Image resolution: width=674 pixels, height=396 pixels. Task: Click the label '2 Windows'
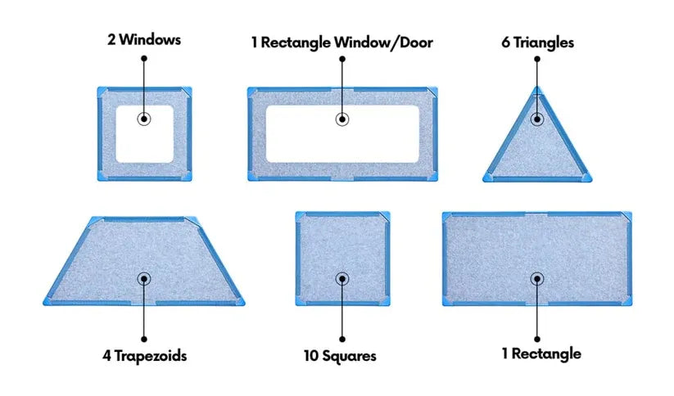pos(144,39)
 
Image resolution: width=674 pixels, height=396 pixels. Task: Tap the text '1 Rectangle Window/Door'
pos(342,43)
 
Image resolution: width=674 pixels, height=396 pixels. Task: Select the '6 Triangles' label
pos(537,43)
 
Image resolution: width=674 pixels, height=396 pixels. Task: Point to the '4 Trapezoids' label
pos(144,356)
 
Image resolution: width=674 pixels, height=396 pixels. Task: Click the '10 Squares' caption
pos(340,356)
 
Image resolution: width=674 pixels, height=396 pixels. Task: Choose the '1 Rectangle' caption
pos(541,353)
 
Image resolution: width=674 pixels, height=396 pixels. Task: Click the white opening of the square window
pos(144,134)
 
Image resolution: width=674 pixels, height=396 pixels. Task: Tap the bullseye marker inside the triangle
pos(537,119)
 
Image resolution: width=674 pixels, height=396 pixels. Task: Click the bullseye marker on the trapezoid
pos(144,279)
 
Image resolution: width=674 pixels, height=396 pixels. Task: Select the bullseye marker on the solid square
pos(342,279)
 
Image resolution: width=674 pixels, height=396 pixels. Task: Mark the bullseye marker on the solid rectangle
pos(537,279)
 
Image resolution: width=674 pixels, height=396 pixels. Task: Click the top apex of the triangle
pos(537,87)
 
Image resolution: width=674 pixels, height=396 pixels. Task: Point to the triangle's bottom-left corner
pos(483,181)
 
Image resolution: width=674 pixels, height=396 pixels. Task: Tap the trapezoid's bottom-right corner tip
pos(244,304)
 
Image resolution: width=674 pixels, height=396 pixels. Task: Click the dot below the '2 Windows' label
pos(144,58)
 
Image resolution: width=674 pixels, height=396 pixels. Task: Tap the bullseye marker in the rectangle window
pos(342,119)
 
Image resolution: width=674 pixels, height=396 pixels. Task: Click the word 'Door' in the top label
pos(416,43)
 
